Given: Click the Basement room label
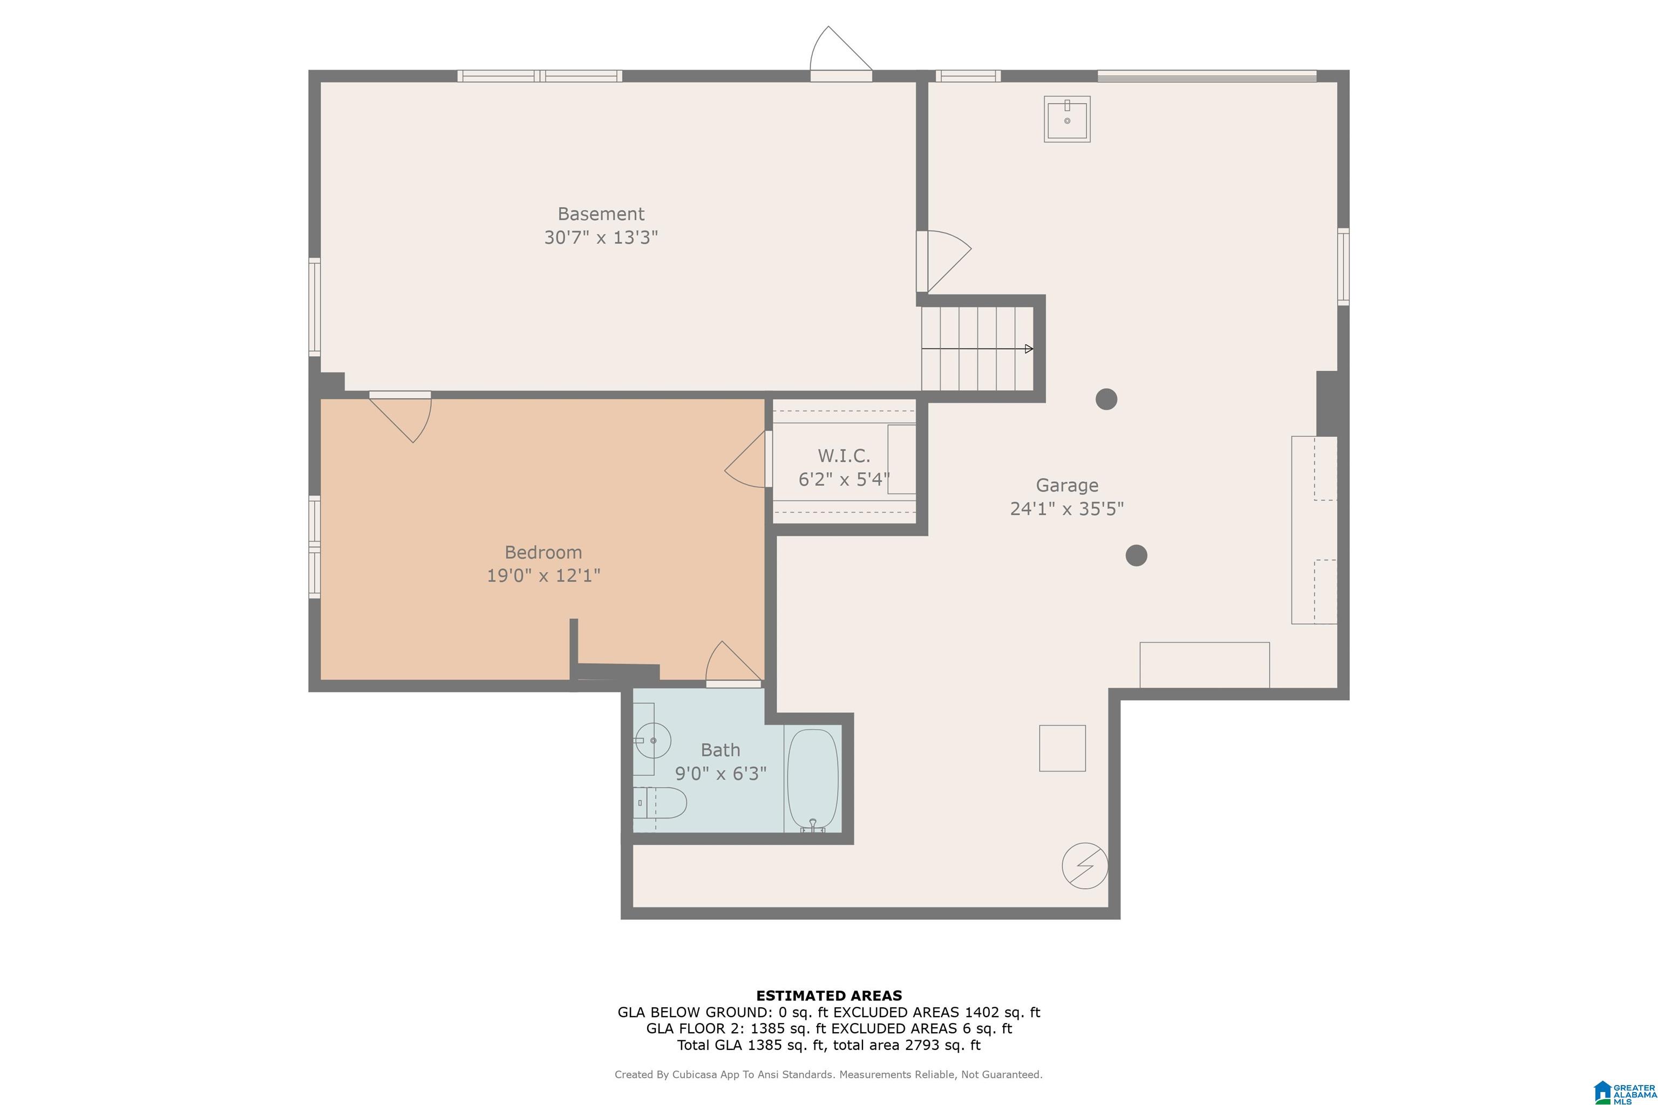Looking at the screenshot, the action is [x=601, y=214].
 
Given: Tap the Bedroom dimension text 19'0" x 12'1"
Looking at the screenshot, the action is [x=543, y=576].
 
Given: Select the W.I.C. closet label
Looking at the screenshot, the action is [x=844, y=455].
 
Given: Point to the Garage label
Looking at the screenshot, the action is [x=1066, y=485].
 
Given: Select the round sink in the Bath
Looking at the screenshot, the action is [x=652, y=741].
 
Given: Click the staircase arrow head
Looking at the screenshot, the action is [x=1029, y=349].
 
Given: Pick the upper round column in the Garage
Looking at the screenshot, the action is [x=1106, y=399].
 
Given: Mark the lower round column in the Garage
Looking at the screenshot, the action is [x=1136, y=555].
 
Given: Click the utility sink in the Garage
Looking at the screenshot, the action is [x=1066, y=119].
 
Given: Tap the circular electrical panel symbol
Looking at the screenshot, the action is [x=1085, y=865].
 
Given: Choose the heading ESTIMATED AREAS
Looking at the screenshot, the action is [x=829, y=996].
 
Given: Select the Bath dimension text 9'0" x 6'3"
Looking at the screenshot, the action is [x=721, y=774].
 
